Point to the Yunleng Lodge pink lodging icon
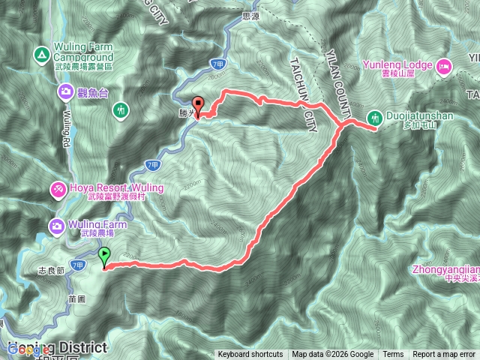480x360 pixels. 442,65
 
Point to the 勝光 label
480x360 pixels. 186,114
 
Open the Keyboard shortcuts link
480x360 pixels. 250,355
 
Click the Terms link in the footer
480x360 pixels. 393,355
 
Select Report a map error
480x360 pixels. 444,355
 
